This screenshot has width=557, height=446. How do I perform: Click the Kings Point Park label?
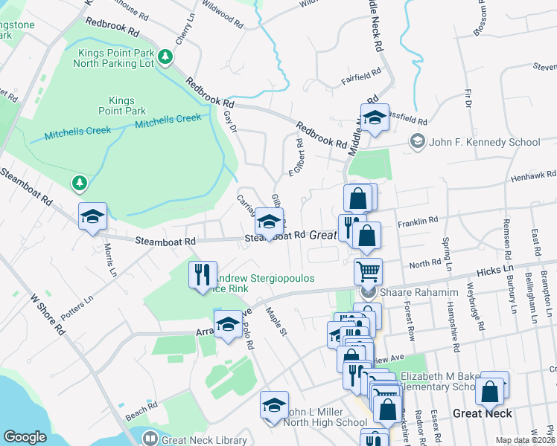[121, 106]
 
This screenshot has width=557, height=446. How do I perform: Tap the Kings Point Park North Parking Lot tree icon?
[165, 56]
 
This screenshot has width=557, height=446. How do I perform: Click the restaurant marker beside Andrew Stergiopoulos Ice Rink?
[203, 275]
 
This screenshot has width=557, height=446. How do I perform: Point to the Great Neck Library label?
[205, 440]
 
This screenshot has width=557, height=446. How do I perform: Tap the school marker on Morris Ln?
[93, 217]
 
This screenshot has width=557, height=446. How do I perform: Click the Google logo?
[25, 437]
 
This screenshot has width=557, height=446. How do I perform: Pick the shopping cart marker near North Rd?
[367, 273]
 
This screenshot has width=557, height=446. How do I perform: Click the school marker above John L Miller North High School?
[274, 406]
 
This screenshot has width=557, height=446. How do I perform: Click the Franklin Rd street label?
[417, 222]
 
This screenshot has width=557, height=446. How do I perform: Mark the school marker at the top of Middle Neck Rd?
[375, 118]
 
